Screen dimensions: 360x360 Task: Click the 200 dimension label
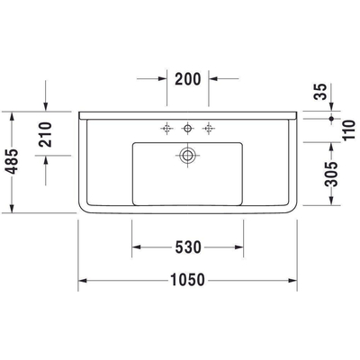[x=187, y=79]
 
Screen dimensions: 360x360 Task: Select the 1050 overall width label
[x=187, y=280]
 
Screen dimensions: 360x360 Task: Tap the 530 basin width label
[x=188, y=247]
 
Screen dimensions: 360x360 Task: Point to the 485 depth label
[x=13, y=161]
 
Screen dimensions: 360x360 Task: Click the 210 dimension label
[x=45, y=134]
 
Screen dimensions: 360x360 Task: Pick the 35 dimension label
[x=320, y=92]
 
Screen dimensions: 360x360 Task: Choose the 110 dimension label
[x=348, y=130]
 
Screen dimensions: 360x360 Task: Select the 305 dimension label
[x=331, y=174]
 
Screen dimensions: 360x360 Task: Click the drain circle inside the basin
[x=187, y=156]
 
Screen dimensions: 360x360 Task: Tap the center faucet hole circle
[x=187, y=129]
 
